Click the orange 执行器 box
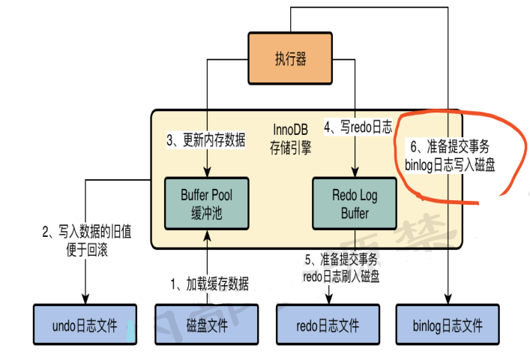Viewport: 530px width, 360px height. click(x=290, y=58)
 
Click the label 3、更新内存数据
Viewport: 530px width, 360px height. click(x=205, y=140)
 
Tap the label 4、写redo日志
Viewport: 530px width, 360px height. click(x=358, y=127)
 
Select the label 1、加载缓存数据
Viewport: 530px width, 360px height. click(x=210, y=283)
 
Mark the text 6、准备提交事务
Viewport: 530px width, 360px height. click(x=450, y=145)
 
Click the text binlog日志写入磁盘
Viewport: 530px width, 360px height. click(x=450, y=163)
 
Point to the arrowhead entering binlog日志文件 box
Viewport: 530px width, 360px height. click(x=448, y=300)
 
